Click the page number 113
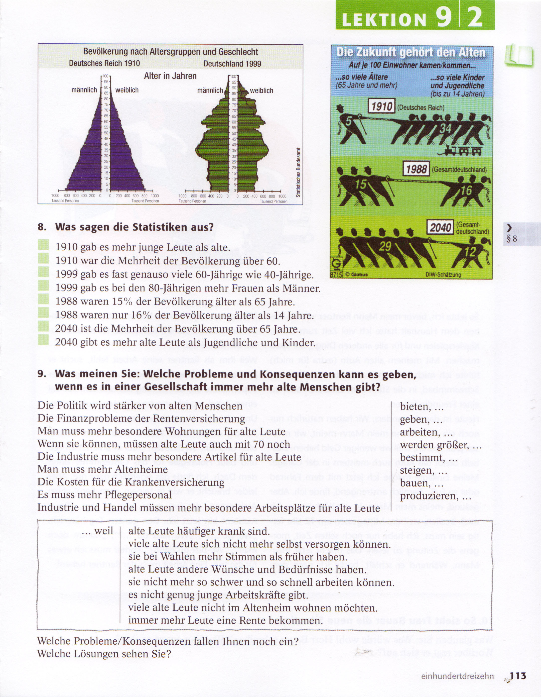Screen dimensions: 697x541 pos(518,676)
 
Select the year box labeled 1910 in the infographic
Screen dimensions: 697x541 pos(382,106)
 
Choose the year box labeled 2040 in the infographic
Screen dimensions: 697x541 pos(440,228)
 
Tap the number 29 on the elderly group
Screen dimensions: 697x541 pos(385,246)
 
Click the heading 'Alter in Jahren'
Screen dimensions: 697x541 pos(170,76)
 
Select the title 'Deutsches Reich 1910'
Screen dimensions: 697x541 pos(104,63)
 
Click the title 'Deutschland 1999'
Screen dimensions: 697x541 pos(232,63)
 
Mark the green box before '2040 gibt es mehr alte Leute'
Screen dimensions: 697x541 pos(43,341)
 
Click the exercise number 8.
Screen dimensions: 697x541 pos(42,227)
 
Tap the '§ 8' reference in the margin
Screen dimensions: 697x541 pos(512,238)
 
